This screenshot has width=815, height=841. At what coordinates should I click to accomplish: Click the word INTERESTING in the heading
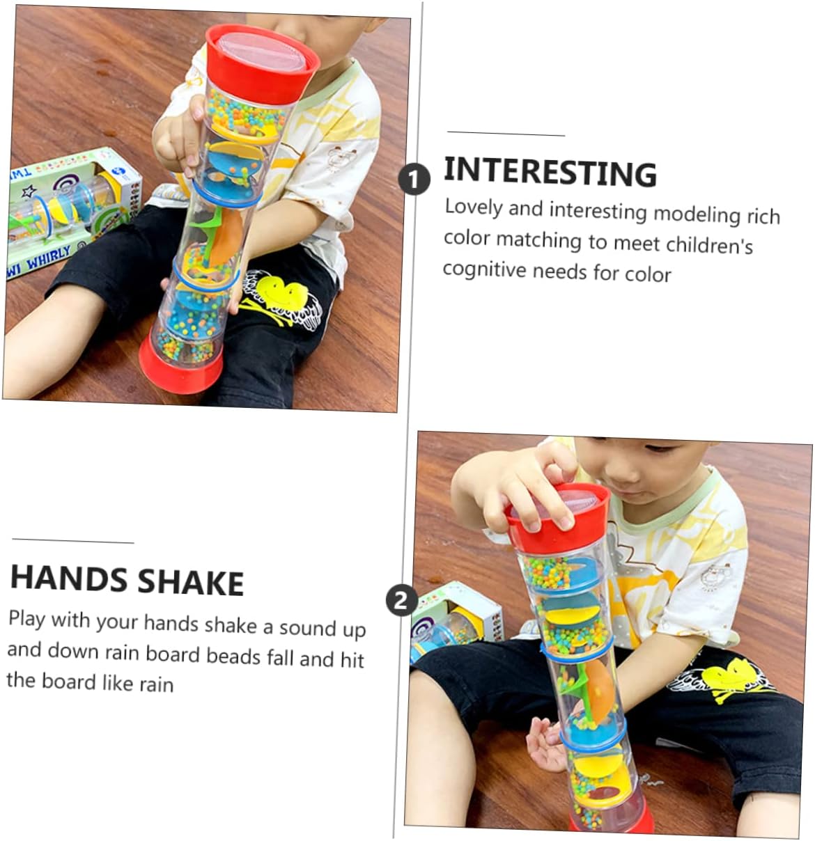point(550,172)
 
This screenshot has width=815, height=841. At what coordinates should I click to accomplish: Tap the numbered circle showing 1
point(414,179)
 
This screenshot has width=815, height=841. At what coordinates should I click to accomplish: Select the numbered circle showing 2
point(402,600)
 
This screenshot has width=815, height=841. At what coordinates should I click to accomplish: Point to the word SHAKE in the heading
point(191,582)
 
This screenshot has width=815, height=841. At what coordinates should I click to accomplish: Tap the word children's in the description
point(710,245)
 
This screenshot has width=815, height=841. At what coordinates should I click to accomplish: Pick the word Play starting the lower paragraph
point(26,619)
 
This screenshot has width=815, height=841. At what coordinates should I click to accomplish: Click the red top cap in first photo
point(262,64)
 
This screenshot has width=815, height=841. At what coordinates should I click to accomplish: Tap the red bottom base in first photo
point(180,366)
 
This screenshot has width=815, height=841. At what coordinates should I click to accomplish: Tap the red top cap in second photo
point(558,517)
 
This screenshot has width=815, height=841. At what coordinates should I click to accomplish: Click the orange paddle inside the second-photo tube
point(600,691)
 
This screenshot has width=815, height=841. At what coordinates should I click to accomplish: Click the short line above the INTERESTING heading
point(506,134)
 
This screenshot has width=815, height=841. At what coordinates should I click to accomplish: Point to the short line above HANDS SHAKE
point(73,541)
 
